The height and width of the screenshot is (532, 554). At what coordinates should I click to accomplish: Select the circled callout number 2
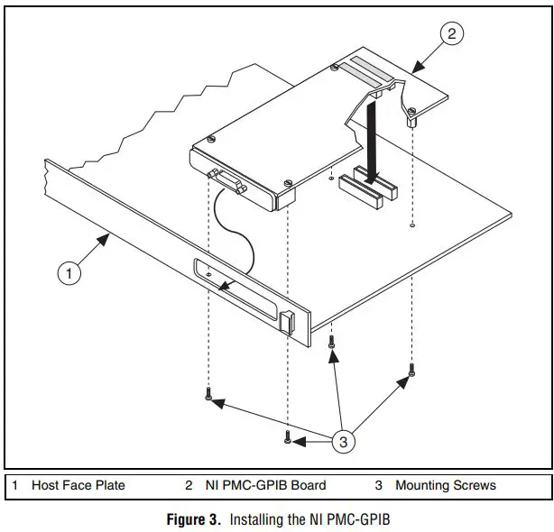453,33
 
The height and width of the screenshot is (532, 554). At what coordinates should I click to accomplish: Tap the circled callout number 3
343,441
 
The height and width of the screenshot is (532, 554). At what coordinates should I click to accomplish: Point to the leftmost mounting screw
208,394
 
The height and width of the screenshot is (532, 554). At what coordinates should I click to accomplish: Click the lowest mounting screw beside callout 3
287,437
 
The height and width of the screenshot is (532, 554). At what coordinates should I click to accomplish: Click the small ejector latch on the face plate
287,322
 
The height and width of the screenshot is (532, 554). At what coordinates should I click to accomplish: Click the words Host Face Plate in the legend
78,485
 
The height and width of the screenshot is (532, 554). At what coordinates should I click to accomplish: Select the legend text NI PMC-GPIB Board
268,485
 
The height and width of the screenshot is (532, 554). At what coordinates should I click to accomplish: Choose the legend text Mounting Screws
445,485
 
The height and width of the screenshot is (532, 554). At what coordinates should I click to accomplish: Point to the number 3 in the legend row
378,485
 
